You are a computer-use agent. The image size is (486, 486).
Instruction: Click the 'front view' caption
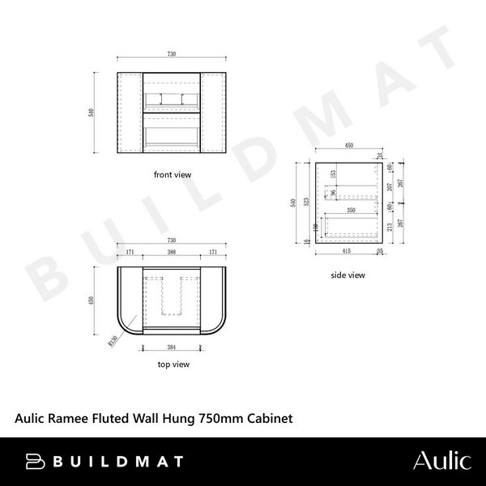click(172, 174)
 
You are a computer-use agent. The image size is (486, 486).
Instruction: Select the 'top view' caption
click(173, 364)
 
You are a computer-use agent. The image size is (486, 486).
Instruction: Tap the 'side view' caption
click(348, 275)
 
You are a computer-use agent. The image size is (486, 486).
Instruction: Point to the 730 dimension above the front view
click(172, 53)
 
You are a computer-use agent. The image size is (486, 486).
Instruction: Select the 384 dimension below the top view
click(172, 347)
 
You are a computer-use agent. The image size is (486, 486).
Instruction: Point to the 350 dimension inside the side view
click(351, 210)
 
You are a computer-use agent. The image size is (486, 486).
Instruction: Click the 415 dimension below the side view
click(346, 252)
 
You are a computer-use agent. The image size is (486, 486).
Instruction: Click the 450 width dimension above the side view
click(349, 147)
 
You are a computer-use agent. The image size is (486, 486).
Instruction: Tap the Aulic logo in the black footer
click(441, 461)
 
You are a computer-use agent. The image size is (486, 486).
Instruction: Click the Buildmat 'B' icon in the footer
click(33, 461)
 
